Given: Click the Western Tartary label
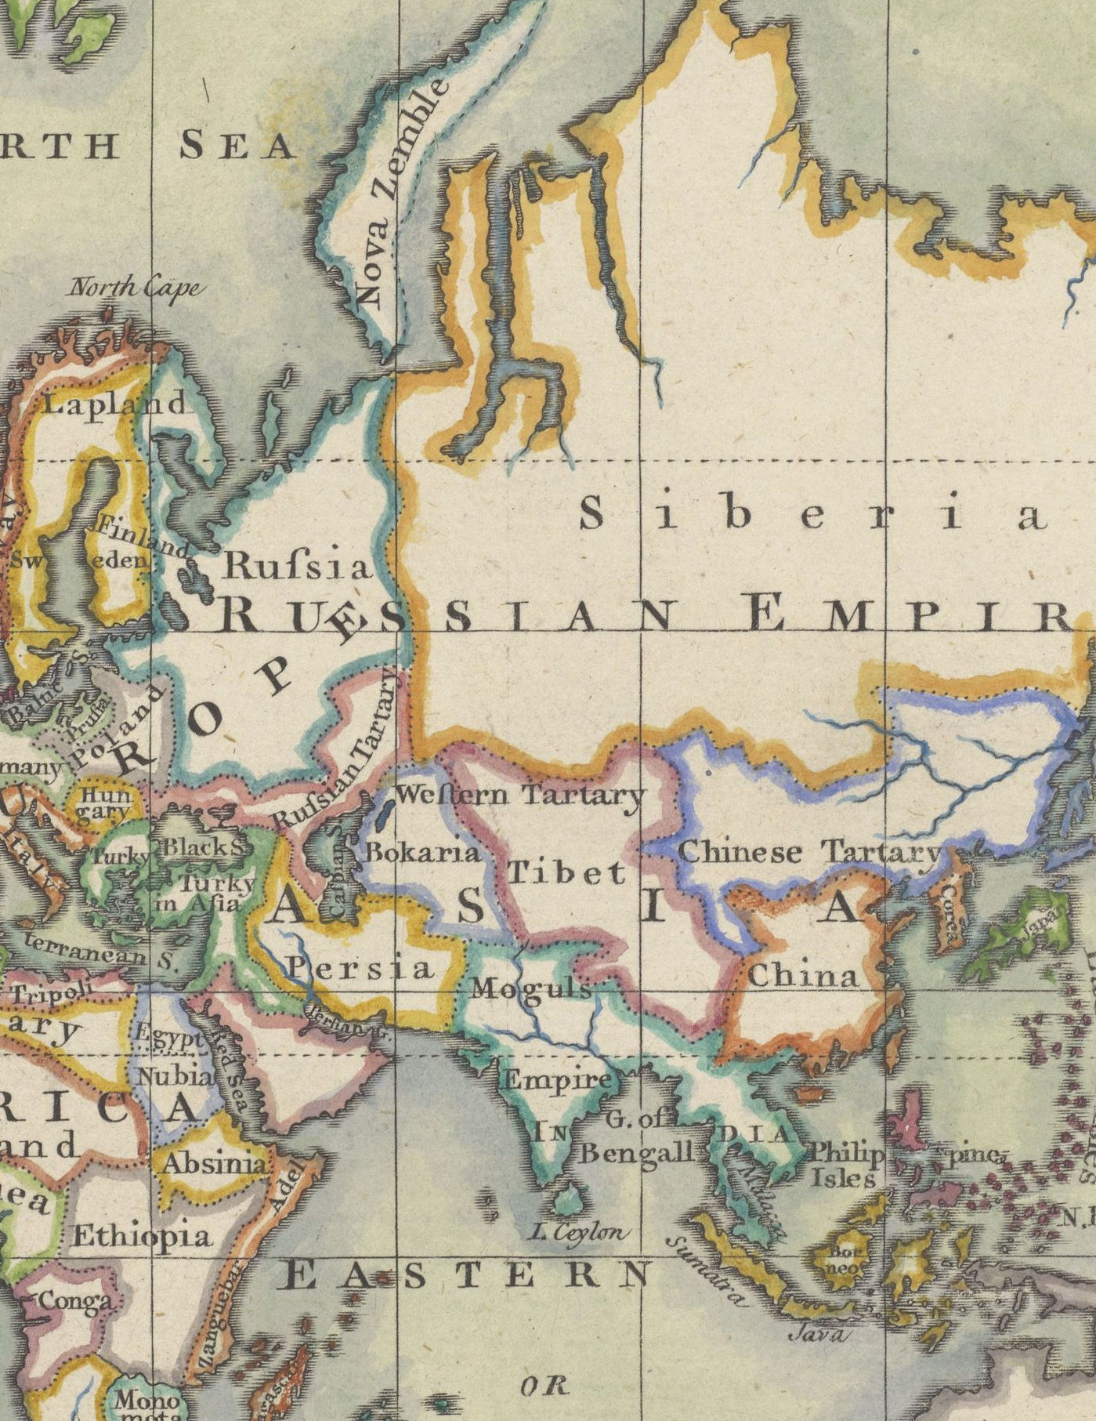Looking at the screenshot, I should pos(519,796).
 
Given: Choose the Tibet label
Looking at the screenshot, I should pos(568,872).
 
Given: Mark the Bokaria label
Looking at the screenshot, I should pos(422,852).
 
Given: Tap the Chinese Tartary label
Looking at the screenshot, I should pos(808,852).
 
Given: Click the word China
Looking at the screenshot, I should pos(803,976).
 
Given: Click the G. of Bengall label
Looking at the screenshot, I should pos(636,1138).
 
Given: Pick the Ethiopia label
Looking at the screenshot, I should pos(142,1237).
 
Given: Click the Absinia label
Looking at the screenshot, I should pos(213,1164).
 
